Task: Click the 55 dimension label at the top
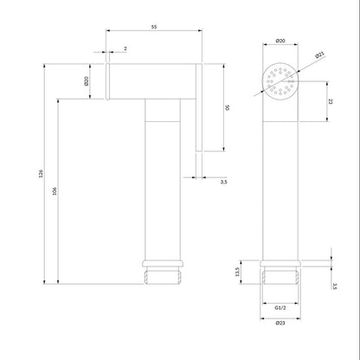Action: click(154, 27)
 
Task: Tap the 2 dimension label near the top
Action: click(125, 48)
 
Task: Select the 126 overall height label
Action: click(41, 173)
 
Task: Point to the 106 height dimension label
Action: click(55, 191)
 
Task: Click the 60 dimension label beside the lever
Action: click(227, 107)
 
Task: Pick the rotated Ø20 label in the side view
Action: click(86, 81)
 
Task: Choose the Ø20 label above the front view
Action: click(280, 41)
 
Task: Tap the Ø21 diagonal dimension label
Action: click(319, 55)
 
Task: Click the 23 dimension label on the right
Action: click(331, 101)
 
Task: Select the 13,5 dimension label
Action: click(237, 272)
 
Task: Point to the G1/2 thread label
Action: click(280, 308)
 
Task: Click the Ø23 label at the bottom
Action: click(280, 323)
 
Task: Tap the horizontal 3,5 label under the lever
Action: click(224, 182)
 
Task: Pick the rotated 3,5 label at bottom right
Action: click(335, 286)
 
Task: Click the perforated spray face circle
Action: click(280, 81)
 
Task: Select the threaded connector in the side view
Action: click(163, 275)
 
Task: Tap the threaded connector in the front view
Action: click(280, 275)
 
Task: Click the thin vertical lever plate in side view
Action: click(199, 107)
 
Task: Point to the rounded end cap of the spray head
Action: click(107, 81)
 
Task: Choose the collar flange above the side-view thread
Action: click(163, 263)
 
